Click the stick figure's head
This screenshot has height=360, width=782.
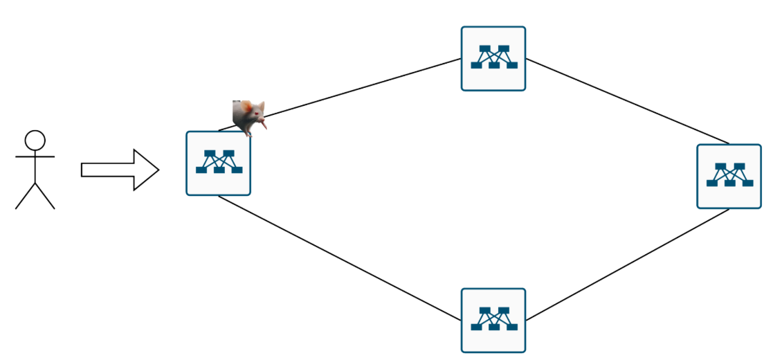pos(35,140)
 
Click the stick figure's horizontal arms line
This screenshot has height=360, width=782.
pos(35,157)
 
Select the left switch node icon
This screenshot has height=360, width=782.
pos(218,163)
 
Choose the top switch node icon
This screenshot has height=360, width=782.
pos(493,59)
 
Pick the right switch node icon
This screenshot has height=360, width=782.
pos(729,176)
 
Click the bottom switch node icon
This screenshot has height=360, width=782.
pos(493,321)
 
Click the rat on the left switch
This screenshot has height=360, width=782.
pos(250,116)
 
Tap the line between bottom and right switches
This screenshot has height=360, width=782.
pos(626,264)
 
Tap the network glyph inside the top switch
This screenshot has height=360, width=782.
pos(493,57)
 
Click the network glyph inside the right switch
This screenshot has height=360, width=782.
pos(729,174)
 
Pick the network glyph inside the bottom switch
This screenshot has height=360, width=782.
pos(493,318)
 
